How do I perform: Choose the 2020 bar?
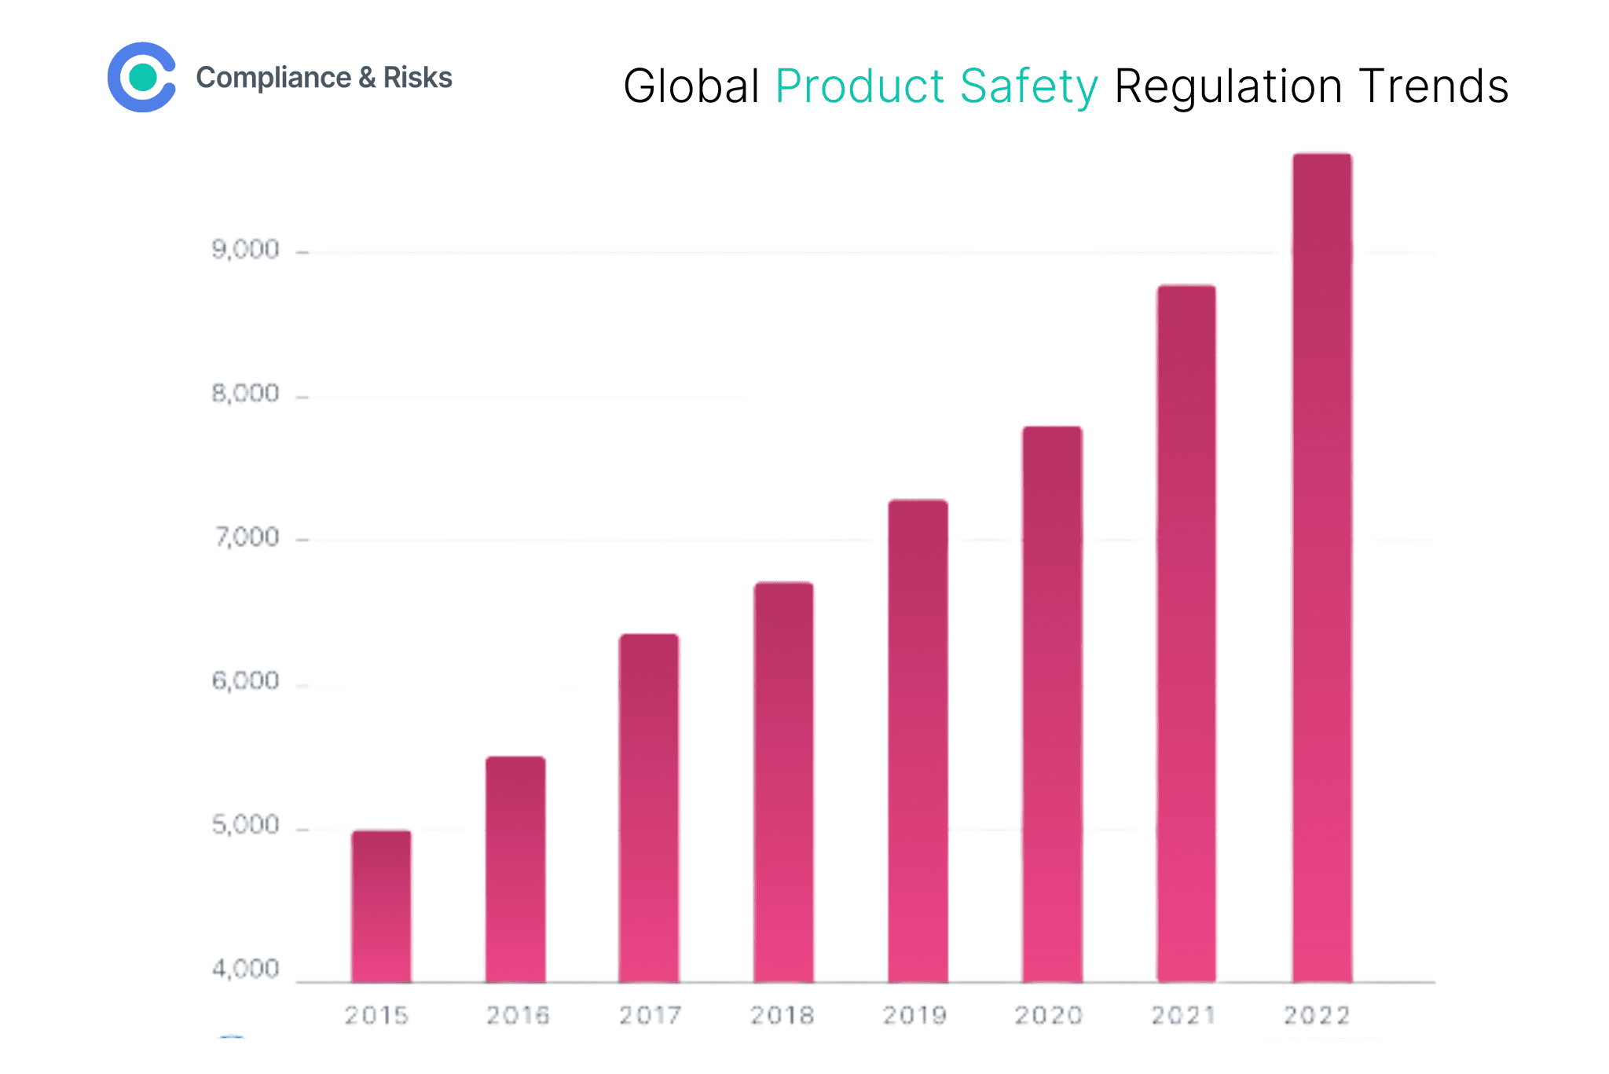coord(1052,704)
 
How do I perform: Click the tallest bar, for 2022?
coord(1322,567)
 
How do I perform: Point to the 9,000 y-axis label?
coord(245,250)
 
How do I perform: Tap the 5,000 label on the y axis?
coord(245,825)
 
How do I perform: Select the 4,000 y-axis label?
coord(245,969)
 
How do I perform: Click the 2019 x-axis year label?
coord(914,1016)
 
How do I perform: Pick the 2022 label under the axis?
coord(1317,1016)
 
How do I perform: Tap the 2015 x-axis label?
coord(377,1016)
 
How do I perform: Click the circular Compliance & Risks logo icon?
coord(142,77)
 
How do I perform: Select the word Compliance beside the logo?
coord(273,78)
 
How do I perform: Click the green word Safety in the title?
coord(1028,86)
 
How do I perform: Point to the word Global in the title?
coord(691,86)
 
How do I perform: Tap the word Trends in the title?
coord(1433,86)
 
